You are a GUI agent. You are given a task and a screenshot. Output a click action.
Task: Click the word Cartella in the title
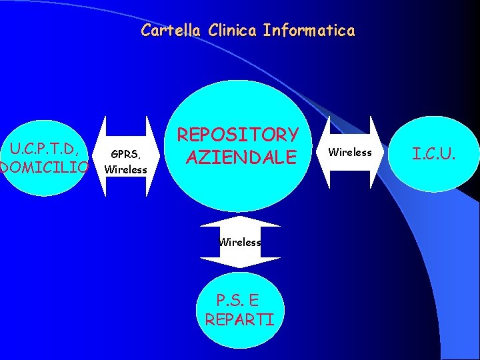[x=171, y=30]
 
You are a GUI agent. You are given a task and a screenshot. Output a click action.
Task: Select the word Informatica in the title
[x=309, y=30]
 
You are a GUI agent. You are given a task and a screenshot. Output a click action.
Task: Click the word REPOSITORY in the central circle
[x=237, y=135]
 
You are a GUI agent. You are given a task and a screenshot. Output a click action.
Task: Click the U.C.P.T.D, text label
[x=45, y=145]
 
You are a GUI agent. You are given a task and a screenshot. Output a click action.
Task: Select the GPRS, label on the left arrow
[x=125, y=155]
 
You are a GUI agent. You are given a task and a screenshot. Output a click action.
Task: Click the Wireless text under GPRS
[x=125, y=169]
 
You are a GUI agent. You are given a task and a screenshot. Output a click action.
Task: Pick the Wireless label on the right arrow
[x=351, y=153]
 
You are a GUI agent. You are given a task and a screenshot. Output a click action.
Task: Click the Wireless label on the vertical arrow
[x=241, y=243]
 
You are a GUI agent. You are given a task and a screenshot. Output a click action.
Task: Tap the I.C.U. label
[x=434, y=155]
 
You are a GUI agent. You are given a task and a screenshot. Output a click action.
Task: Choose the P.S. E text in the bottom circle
[x=239, y=301]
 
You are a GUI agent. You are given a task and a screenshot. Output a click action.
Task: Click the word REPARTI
[x=239, y=319]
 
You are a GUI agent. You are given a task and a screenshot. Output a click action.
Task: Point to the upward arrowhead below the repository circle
[x=241, y=221]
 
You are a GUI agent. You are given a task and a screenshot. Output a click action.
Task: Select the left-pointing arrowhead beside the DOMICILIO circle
[x=101, y=157]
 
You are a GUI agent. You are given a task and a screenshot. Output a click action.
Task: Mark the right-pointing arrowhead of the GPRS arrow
[x=159, y=157]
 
